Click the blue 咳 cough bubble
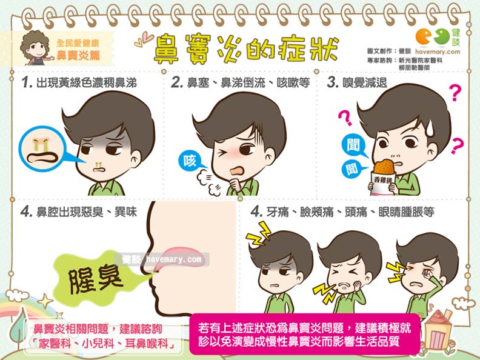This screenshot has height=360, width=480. click(188, 161)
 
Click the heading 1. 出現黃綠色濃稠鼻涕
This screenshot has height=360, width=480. click(79, 83)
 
